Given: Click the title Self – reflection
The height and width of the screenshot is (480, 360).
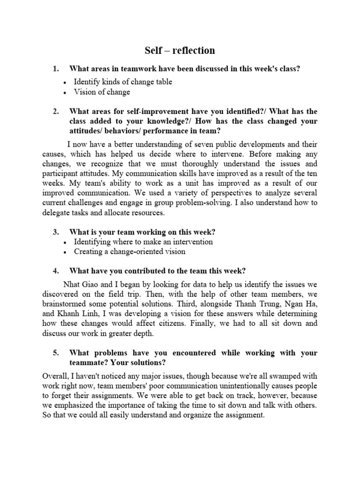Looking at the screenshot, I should click(180, 50).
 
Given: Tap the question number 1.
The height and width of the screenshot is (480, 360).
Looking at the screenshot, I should click(55, 69).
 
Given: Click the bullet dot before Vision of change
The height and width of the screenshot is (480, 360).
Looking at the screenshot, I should click(64, 93).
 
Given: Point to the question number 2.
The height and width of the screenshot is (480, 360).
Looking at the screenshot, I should click(55, 112).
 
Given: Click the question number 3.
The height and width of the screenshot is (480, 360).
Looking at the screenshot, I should click(55, 232).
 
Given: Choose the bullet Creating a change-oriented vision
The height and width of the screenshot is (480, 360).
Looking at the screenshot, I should click(129, 252).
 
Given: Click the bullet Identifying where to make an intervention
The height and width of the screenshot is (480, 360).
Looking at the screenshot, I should click(143, 242).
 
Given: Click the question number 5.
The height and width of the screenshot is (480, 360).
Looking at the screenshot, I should click(55, 352).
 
